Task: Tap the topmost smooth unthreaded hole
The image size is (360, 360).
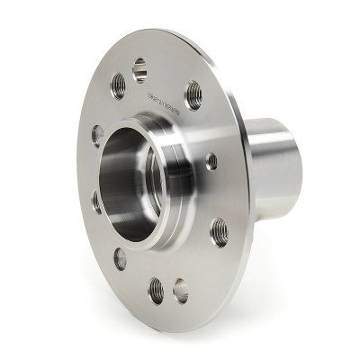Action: pos(139,68)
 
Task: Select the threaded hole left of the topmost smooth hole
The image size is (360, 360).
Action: pos(118,85)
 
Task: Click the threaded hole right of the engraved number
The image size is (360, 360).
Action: pos(193,94)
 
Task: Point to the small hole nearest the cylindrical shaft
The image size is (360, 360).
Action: pos(211,161)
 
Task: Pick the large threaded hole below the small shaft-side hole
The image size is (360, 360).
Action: pos(219,231)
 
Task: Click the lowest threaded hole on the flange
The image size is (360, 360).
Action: pos(157,289)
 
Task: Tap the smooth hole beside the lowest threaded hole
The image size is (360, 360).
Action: pos(181,290)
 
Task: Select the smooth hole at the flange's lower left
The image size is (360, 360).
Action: pos(120,258)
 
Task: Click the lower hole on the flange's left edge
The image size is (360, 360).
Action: pos(97,201)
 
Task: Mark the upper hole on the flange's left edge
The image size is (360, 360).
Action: pos(97,135)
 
